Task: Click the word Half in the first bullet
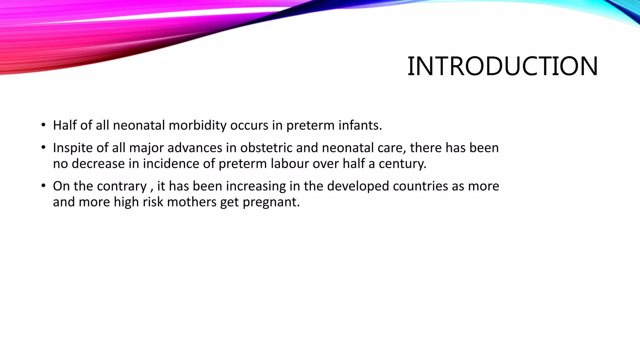point(65,125)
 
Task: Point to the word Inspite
point(73,148)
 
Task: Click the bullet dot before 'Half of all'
point(43,125)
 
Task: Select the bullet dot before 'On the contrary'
point(43,186)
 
